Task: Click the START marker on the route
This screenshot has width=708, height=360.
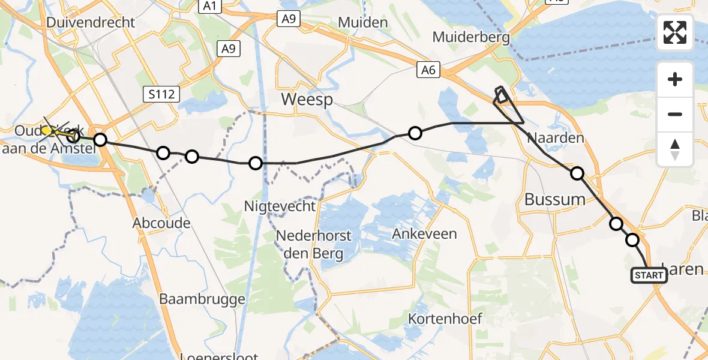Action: pos(649,275)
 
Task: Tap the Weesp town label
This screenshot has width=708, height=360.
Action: pos(307,100)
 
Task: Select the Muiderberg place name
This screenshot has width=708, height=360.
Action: pos(471,38)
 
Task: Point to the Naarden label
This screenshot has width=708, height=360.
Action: pos(555,138)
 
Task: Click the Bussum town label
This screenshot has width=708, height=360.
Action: pos(554,199)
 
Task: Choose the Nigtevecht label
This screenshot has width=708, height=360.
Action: pos(280,206)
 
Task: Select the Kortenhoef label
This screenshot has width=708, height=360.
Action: pos(445,318)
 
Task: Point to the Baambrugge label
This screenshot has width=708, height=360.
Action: pos(202,299)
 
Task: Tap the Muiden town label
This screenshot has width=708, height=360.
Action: pos(363,23)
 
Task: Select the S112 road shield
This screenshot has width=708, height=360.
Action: pos(161,93)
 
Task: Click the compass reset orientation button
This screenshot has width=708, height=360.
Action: pos(675,149)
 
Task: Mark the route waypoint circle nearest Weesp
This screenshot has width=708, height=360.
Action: pos(415,133)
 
